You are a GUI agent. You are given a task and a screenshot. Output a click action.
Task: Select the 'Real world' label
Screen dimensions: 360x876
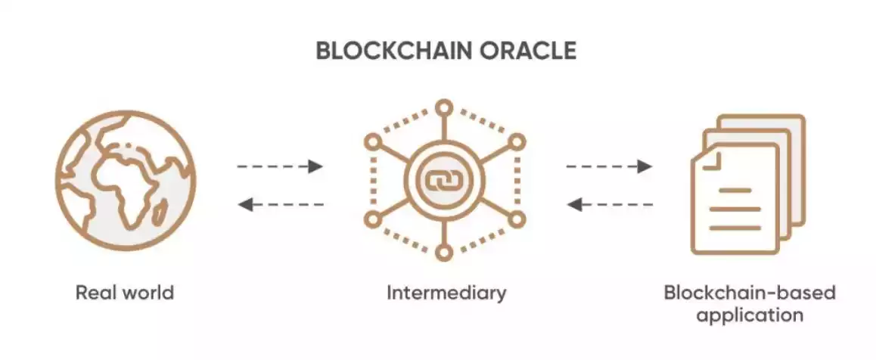[x=125, y=293]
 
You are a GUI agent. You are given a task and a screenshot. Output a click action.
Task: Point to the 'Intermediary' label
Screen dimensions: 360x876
[x=446, y=293]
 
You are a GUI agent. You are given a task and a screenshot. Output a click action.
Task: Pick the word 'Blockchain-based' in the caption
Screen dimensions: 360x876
[x=750, y=293]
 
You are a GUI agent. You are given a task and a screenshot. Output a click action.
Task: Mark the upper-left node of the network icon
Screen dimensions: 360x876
[x=372, y=141]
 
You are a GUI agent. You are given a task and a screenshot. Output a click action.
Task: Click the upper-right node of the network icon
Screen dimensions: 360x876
[x=517, y=141]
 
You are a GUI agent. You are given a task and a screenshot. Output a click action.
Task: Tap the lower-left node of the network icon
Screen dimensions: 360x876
[x=372, y=219]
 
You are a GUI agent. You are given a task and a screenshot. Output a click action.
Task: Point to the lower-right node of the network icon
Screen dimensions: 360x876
[x=517, y=219]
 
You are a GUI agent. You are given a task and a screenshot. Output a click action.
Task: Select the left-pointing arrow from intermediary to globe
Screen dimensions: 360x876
[x=280, y=203]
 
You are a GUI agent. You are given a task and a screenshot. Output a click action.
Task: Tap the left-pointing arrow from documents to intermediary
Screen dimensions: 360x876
[x=609, y=203]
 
